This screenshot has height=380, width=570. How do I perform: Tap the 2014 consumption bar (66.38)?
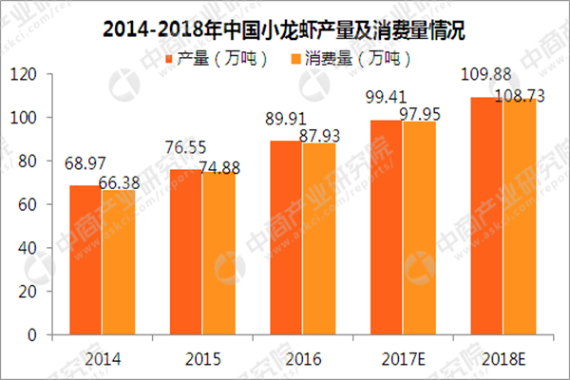pos(119,263)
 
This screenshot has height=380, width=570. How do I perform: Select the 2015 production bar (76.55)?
pos(186,252)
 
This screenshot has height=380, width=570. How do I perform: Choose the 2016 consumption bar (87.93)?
pos(318,239)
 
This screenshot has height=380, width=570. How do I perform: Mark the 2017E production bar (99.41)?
pos(385,228)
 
